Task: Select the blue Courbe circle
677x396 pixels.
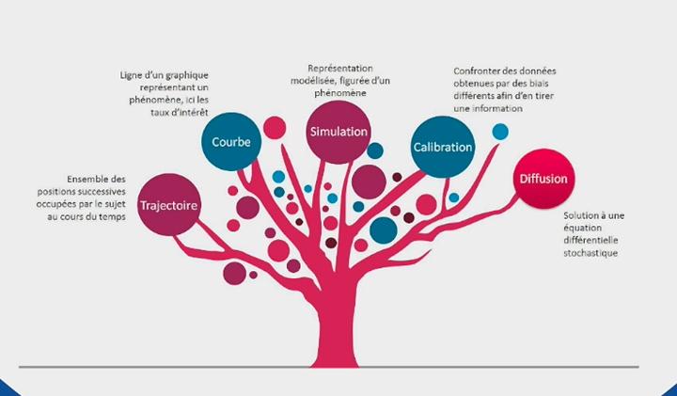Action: point(230,142)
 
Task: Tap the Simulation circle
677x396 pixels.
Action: point(338,132)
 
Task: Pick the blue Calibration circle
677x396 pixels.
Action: point(440,147)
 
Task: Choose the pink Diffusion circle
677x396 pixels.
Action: point(543,179)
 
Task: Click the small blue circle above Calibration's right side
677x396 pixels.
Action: point(499,132)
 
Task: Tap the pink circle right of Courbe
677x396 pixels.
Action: point(275,127)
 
